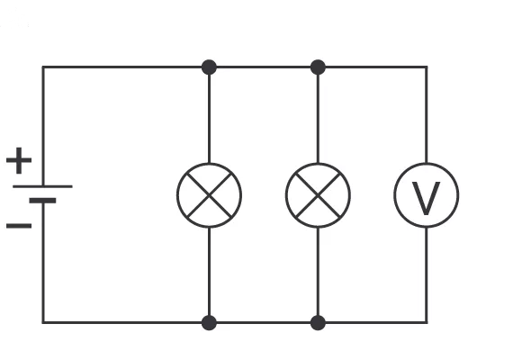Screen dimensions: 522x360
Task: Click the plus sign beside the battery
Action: click(x=19, y=160)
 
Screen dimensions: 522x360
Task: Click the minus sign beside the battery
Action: click(x=19, y=226)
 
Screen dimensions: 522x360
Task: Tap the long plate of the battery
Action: click(x=42, y=186)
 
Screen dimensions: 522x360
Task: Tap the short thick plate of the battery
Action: click(x=42, y=201)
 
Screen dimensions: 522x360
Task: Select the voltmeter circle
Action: click(x=427, y=164)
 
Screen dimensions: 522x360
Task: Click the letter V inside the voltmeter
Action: click(x=427, y=199)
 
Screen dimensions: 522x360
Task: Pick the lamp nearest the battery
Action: click(x=209, y=195)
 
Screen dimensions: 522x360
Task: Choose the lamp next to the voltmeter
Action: click(x=318, y=195)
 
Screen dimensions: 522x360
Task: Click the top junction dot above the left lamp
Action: click(x=209, y=67)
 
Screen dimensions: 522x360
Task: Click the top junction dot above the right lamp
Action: click(x=318, y=67)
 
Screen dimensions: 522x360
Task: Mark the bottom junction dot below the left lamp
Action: click(x=209, y=323)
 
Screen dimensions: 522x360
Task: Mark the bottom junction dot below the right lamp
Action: click(x=318, y=323)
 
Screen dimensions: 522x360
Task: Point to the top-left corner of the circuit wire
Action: click(x=43, y=67)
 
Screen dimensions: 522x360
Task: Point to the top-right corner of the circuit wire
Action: click(x=427, y=67)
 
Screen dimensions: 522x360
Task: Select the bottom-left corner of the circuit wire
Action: click(x=43, y=323)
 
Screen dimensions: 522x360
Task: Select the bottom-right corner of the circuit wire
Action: click(x=427, y=323)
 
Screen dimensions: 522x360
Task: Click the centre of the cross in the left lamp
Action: click(x=209, y=195)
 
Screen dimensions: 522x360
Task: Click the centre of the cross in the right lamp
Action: click(x=318, y=195)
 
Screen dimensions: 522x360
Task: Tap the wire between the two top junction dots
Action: click(x=264, y=67)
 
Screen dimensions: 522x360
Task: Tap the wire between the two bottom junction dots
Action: click(x=264, y=323)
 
